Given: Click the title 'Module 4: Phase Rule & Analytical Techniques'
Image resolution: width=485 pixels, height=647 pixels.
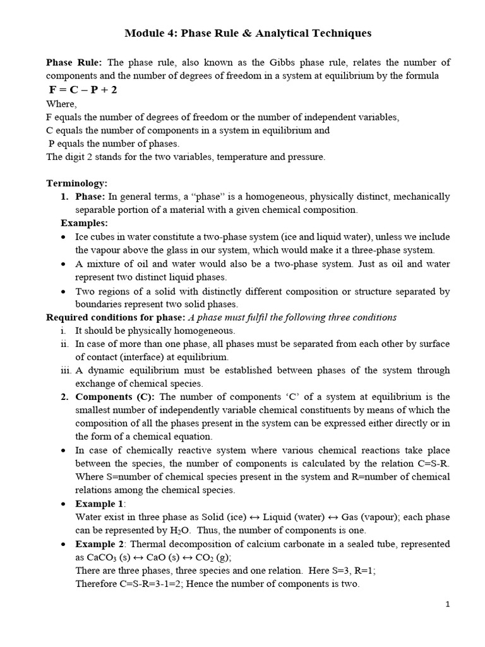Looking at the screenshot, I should pos(248,33).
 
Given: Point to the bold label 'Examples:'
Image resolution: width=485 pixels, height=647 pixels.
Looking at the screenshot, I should pos(84,223).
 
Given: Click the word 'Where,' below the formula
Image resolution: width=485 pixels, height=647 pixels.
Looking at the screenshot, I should pos(61,104).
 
